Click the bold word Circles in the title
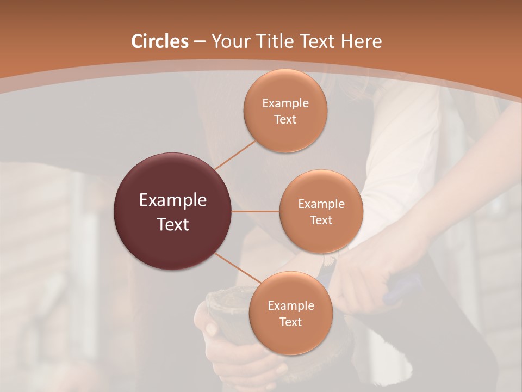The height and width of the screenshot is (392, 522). [159, 41]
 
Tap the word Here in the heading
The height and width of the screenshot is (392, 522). [362, 41]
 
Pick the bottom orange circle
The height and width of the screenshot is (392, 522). [290, 338]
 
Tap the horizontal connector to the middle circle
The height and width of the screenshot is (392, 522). [256, 211]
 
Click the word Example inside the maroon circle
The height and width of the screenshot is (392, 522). [173, 200]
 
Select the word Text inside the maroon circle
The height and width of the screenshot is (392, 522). [173, 224]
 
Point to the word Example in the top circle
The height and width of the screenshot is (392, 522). [285, 103]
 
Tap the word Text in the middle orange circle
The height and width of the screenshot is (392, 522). [321, 220]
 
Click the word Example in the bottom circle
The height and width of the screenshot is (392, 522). [290, 305]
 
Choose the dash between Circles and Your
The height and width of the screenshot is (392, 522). [200, 41]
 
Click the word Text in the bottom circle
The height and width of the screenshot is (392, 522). [290, 322]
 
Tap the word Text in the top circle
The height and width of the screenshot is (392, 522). [285, 119]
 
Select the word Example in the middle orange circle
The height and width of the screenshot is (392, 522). [321, 204]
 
